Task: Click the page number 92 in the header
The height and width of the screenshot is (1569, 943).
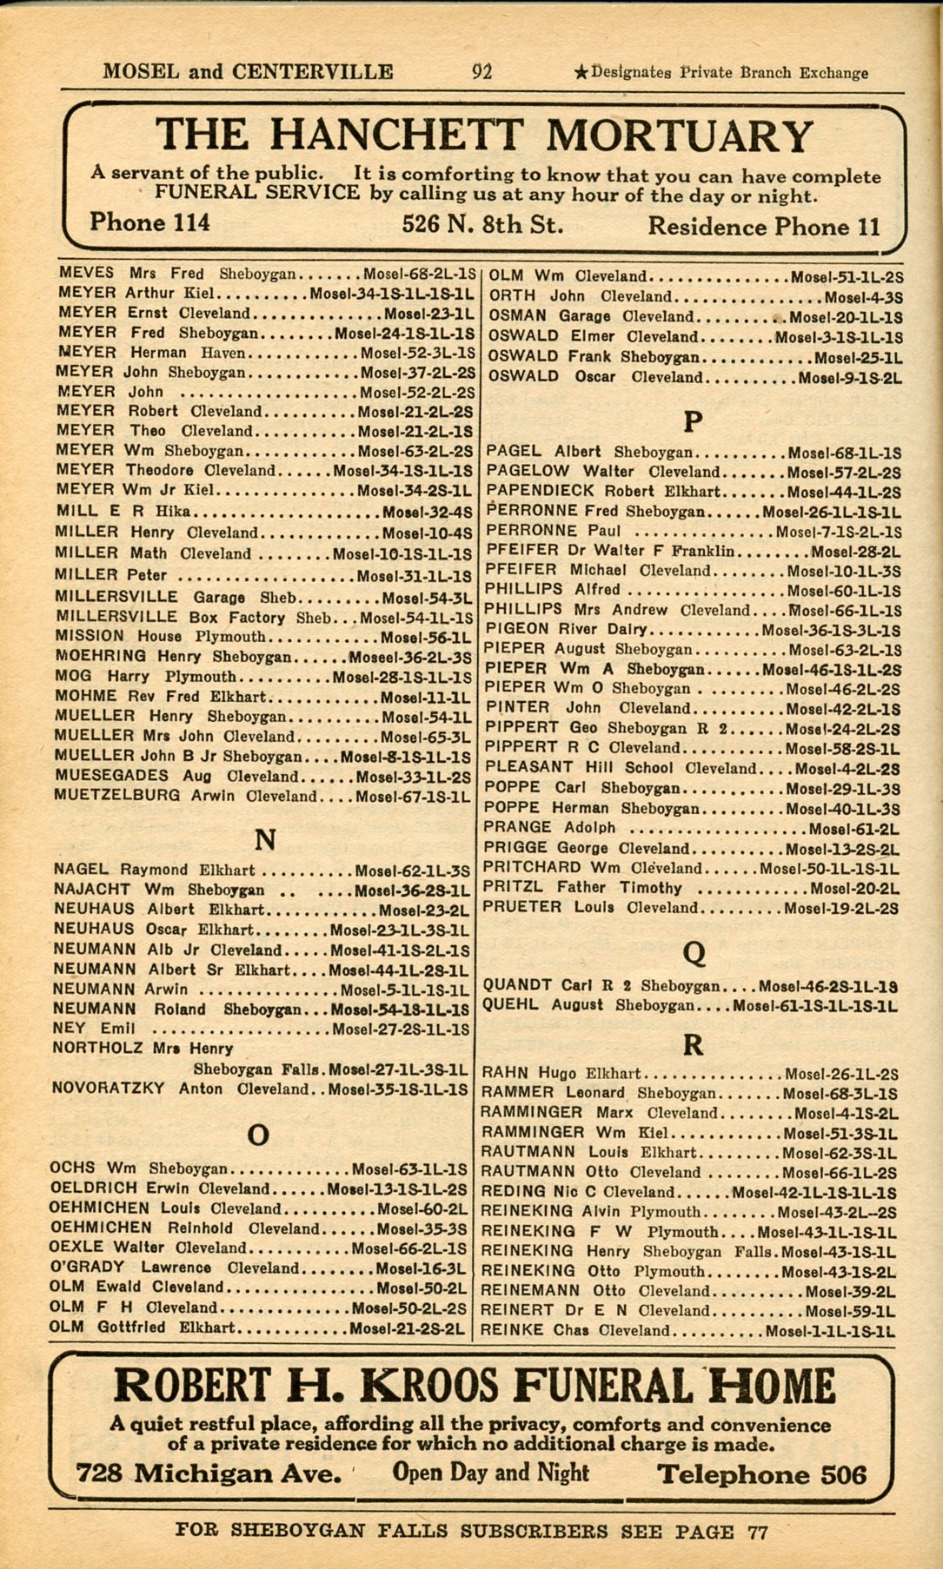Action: (481, 71)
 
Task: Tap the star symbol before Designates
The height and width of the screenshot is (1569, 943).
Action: (581, 74)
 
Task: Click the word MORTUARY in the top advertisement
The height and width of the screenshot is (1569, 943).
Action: (679, 136)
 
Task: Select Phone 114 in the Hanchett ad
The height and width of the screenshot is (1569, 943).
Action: (149, 223)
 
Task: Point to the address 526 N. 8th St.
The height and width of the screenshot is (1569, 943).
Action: (482, 225)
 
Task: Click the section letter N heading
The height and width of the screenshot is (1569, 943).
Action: (265, 840)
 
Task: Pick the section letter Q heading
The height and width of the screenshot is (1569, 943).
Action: (694, 954)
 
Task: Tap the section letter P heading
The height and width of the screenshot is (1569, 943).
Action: (692, 422)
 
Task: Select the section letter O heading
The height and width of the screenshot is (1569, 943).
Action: (258, 1135)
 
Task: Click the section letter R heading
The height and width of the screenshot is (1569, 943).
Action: (693, 1045)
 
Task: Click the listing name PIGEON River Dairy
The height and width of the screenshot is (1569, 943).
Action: (565, 629)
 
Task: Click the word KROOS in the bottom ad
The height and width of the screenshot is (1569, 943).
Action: (426, 1384)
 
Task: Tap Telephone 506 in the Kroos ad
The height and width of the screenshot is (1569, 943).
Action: (761, 1474)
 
